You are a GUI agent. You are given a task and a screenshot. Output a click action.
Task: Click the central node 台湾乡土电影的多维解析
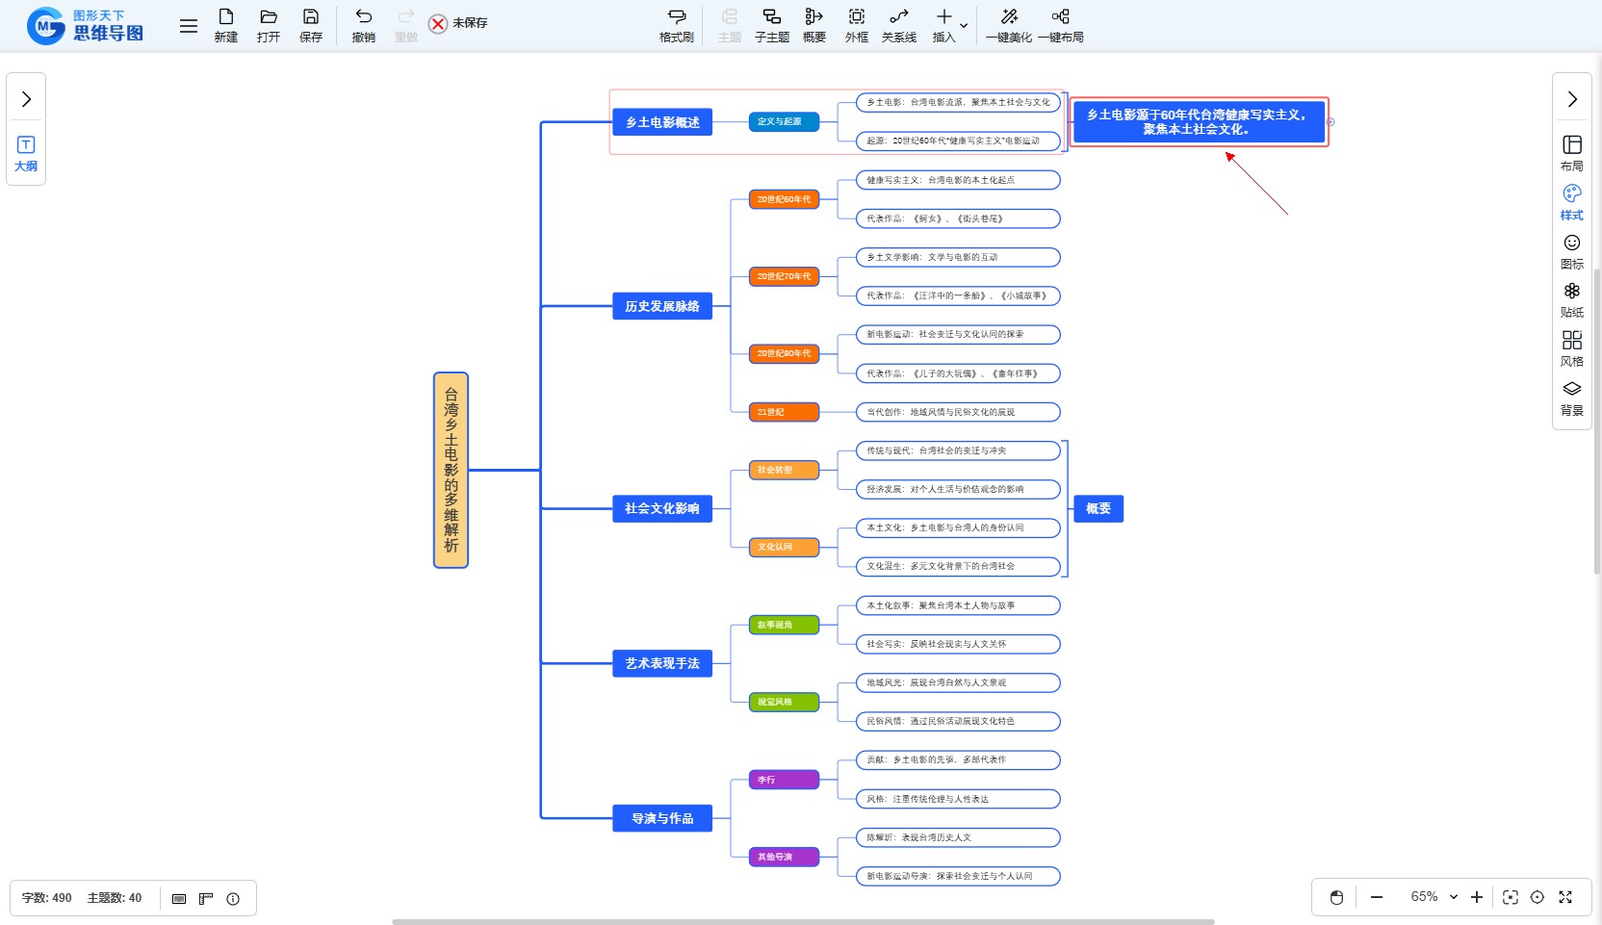point(451,470)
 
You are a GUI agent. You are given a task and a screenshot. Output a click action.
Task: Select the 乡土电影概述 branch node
point(662,122)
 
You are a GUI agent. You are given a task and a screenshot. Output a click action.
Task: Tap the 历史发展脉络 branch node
point(662,306)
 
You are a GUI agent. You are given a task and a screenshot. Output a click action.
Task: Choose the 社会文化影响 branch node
point(662,508)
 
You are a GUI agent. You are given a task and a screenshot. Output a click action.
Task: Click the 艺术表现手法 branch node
point(662,663)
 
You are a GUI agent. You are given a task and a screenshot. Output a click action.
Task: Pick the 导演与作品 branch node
point(662,818)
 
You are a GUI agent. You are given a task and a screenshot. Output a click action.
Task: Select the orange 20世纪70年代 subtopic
point(784,276)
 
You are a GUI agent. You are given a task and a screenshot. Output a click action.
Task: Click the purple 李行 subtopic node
point(784,780)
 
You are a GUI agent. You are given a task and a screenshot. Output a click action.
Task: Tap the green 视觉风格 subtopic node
point(784,702)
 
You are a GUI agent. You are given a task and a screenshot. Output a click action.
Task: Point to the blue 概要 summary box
point(1098,508)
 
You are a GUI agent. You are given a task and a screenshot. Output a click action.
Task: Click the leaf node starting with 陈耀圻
point(958,837)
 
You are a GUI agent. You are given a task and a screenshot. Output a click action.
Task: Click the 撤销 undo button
point(363,24)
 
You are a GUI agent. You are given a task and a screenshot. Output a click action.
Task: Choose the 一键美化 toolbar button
point(1008,24)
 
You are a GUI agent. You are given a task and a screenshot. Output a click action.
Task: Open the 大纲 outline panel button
point(26,153)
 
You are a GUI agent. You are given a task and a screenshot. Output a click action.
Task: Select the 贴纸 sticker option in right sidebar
point(1571,299)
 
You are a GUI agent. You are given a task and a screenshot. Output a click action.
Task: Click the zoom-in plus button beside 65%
point(1477,897)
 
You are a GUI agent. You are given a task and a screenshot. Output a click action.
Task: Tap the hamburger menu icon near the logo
point(189,26)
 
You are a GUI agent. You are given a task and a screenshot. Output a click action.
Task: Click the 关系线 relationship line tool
point(898,24)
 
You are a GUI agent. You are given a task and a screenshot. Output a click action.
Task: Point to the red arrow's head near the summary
point(1227,154)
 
